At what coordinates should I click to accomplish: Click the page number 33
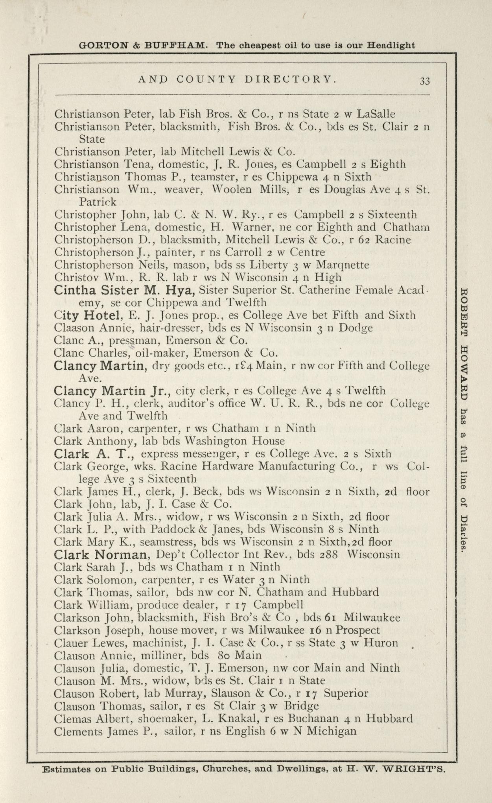[425, 81]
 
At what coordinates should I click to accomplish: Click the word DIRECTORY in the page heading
[290, 79]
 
